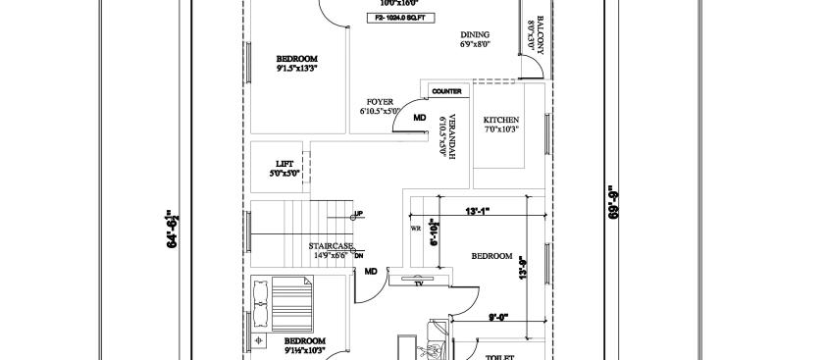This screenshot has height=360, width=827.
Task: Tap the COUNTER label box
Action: tap(446, 91)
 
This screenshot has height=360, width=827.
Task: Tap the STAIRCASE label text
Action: tap(331, 245)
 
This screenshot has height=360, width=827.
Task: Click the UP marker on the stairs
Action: tap(358, 213)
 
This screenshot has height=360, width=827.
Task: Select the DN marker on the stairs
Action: tap(359, 255)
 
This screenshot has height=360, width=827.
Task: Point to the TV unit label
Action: tap(419, 283)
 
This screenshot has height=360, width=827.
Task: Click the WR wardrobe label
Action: tap(415, 229)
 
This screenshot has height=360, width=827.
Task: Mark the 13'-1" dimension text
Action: tap(478, 210)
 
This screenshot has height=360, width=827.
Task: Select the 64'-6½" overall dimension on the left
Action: tap(173, 228)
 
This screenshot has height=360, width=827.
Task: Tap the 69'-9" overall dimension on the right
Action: tap(613, 203)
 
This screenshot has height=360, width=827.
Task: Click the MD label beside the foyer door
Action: tap(419, 118)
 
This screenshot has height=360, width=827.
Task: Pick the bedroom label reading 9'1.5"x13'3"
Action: tap(297, 64)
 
